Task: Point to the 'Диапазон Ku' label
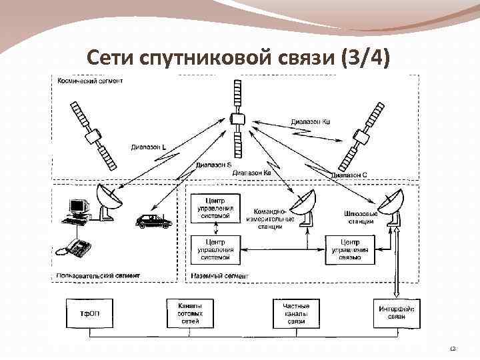[311, 122]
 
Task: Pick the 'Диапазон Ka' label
[251, 173]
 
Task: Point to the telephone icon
[73, 247]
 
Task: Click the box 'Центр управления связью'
[350, 249]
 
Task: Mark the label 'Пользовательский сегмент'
[99, 275]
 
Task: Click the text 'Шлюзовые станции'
[361, 217]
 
